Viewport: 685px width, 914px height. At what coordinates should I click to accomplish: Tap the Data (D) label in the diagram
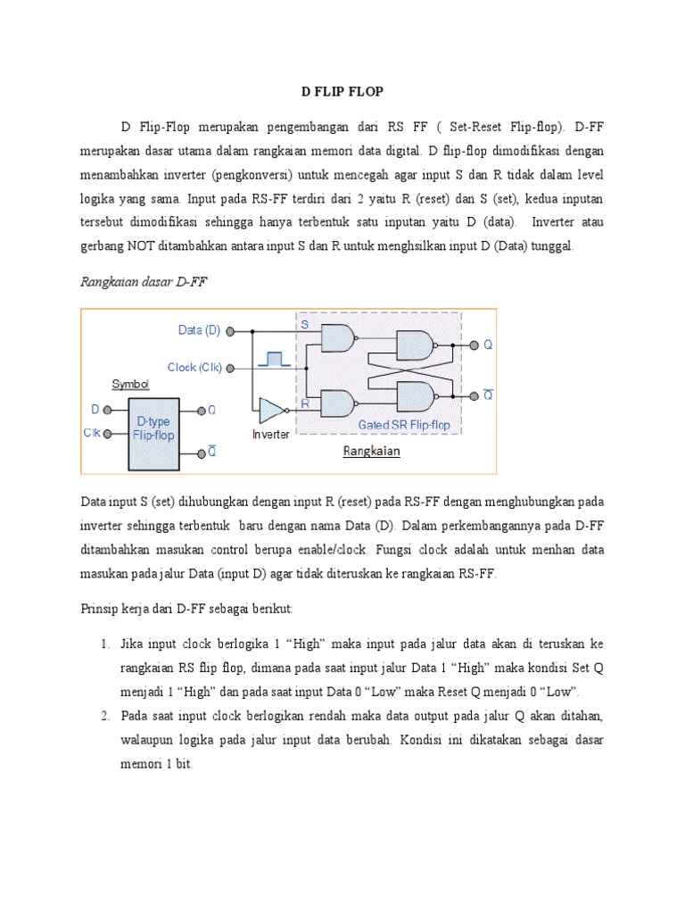click(x=199, y=330)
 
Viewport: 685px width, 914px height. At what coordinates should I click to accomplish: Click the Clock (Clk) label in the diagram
click(x=194, y=367)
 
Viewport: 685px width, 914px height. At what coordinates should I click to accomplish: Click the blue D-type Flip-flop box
click(x=153, y=432)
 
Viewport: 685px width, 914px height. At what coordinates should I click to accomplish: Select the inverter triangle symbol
click(x=269, y=410)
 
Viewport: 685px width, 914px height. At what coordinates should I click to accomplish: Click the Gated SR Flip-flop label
click(x=403, y=424)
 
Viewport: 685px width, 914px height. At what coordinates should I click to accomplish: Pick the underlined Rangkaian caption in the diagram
click(x=372, y=452)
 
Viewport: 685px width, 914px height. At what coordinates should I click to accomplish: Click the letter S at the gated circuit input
click(x=304, y=326)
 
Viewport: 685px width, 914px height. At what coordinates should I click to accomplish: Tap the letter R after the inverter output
click(x=304, y=403)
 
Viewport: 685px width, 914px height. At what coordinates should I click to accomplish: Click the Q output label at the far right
click(x=488, y=345)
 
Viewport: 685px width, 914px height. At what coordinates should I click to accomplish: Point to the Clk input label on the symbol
click(x=92, y=434)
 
